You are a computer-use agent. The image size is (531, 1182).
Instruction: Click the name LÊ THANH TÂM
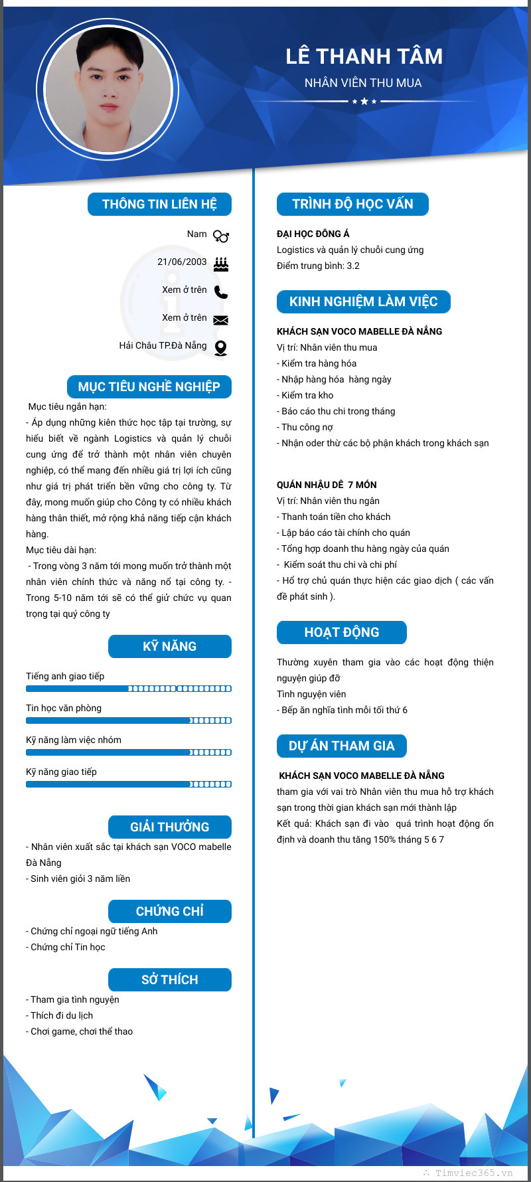(x=364, y=56)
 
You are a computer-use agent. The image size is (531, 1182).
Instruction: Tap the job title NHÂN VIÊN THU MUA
(x=363, y=83)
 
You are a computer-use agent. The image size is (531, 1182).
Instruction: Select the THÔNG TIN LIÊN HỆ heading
(x=159, y=204)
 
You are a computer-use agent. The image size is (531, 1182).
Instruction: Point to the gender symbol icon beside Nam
(x=221, y=236)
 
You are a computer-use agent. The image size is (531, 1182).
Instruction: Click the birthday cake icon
(x=221, y=264)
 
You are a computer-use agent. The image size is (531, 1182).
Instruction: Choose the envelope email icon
(x=221, y=320)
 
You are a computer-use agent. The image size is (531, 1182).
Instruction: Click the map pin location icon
(x=221, y=348)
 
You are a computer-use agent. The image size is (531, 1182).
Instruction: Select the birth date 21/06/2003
(x=182, y=262)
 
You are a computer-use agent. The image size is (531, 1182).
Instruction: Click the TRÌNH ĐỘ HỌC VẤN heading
(x=352, y=204)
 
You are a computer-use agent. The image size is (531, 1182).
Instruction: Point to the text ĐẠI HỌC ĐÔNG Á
(x=313, y=234)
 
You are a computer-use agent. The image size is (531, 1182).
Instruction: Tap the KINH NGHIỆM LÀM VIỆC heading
(x=363, y=301)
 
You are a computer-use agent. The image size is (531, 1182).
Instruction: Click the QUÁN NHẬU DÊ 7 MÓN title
(x=327, y=485)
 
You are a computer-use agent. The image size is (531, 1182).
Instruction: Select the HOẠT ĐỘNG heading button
(x=341, y=632)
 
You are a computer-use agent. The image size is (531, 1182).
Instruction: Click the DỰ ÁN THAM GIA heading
(x=341, y=746)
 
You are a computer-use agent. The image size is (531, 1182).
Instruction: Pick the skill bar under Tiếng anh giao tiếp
(x=129, y=689)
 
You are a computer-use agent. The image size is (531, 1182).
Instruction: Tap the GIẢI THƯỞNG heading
(x=170, y=827)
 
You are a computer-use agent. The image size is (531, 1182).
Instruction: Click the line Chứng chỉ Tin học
(x=68, y=947)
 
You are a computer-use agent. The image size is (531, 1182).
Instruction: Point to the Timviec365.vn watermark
(x=473, y=1173)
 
